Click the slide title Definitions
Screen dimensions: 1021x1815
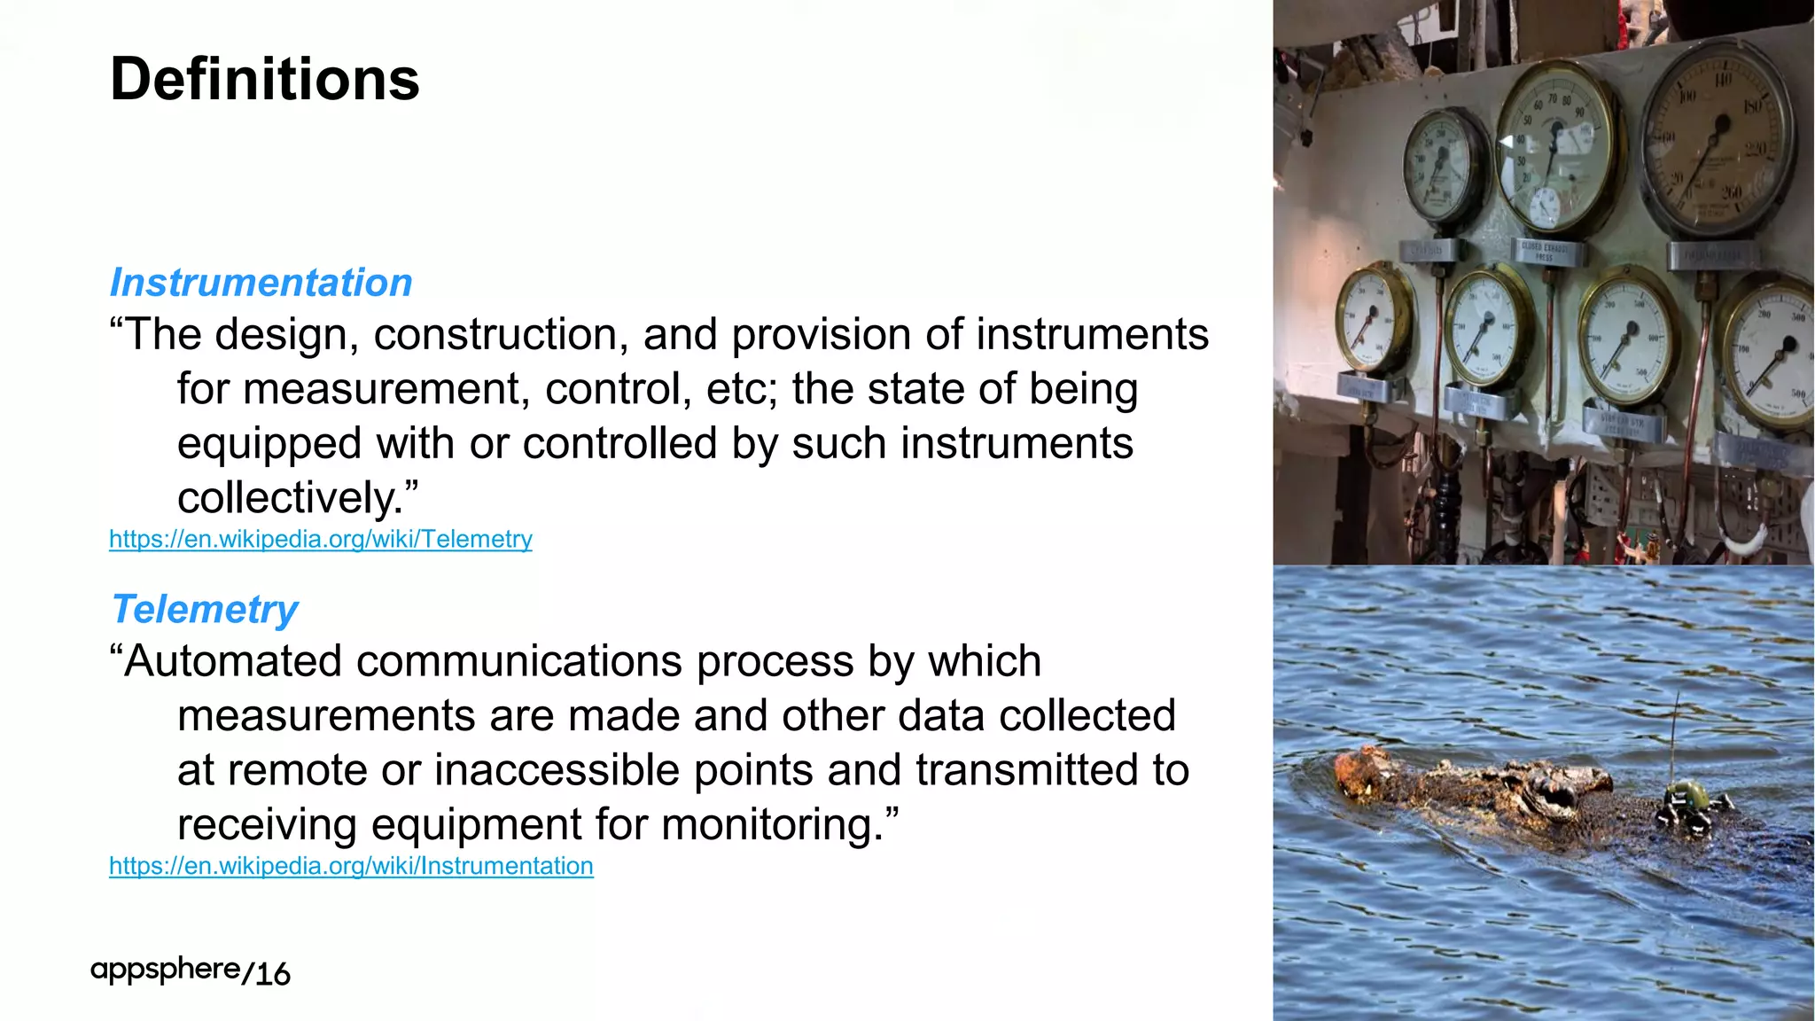pyautogui.click(x=264, y=80)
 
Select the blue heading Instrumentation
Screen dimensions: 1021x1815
pyautogui.click(x=261, y=283)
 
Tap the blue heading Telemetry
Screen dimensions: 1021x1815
pyautogui.click(x=204, y=610)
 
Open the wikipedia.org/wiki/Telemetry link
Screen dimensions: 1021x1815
pyautogui.click(x=321, y=539)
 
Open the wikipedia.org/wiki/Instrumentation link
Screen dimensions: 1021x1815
pyautogui.click(x=351, y=866)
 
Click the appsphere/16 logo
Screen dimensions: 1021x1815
pyautogui.click(x=190, y=971)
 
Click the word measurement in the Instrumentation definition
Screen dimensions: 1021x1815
pyautogui.click(x=381, y=390)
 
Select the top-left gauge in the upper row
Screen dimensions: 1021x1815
pyautogui.click(x=1443, y=166)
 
